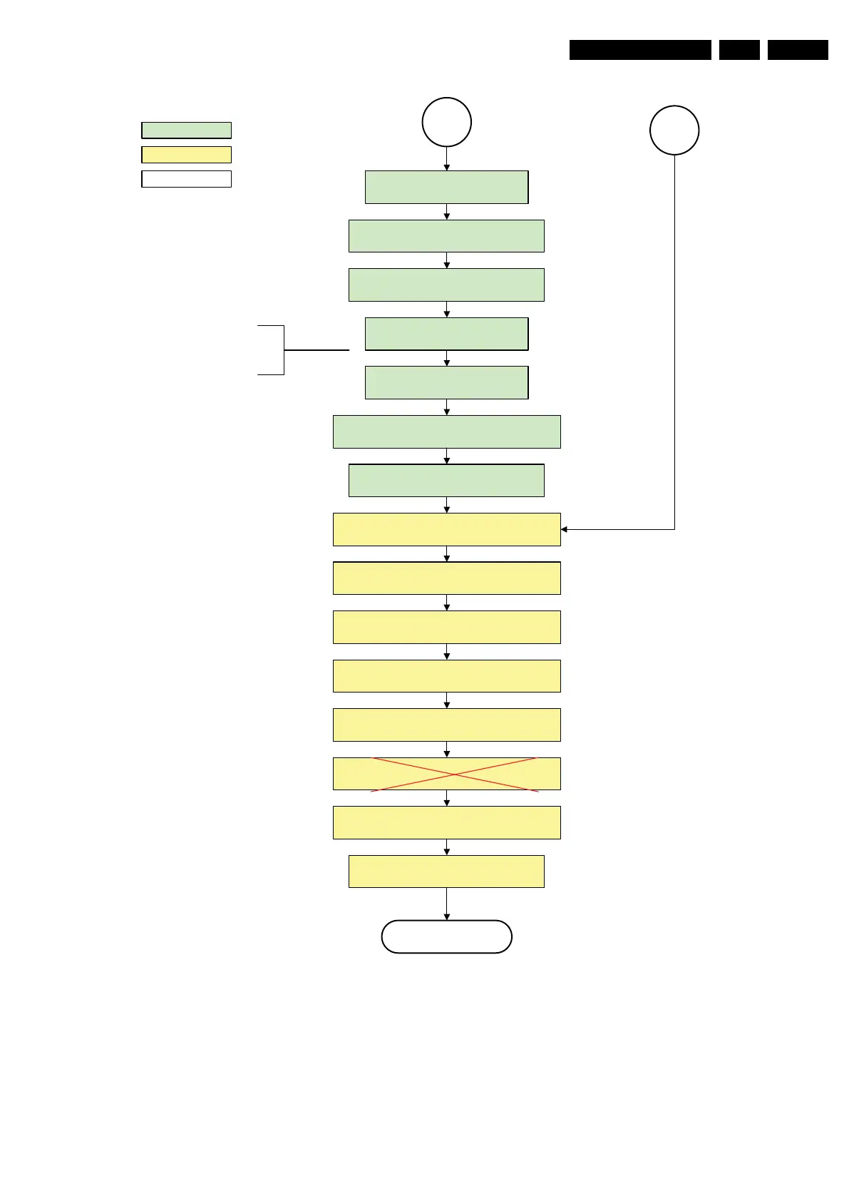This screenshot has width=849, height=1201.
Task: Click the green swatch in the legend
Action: point(186,130)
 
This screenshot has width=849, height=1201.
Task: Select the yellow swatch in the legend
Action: point(186,154)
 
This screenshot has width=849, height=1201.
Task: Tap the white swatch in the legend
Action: point(186,178)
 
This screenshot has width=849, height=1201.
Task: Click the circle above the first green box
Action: point(446,122)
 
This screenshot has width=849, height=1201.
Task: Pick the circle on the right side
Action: point(674,130)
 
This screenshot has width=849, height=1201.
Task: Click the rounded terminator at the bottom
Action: point(446,936)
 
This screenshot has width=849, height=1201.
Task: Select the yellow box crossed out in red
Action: point(446,774)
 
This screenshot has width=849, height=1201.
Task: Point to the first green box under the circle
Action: point(446,187)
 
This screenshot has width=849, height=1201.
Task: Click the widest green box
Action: point(446,431)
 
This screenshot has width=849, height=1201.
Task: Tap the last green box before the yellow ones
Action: point(446,480)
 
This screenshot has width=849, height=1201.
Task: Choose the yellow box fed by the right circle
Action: point(446,529)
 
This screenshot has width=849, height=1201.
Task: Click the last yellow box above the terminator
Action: point(446,871)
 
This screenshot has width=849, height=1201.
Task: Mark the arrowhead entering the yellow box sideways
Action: point(565,529)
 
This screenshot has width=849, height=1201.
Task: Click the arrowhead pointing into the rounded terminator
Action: point(446,916)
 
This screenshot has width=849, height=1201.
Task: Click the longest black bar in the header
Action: point(640,50)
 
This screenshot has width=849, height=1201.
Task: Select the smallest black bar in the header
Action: point(739,50)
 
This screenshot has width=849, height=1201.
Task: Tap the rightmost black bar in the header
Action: point(798,50)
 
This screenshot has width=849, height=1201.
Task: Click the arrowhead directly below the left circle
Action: point(446,167)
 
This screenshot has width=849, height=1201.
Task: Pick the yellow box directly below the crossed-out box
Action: point(446,822)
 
